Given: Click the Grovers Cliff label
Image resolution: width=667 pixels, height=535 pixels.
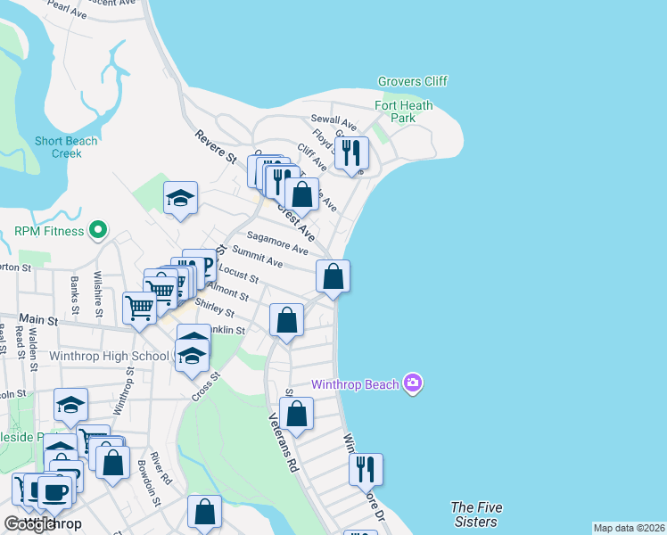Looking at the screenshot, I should coord(412,81).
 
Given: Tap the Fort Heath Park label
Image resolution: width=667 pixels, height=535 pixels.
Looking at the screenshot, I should coord(403,111).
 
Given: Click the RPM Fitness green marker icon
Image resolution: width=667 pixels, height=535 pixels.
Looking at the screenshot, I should coord(100,232).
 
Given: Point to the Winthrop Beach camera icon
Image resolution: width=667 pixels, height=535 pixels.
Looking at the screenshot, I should coord(412,383).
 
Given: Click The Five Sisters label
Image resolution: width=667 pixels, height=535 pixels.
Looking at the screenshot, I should coord(476,514).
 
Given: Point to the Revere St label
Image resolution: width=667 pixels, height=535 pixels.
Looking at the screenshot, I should coord(215,147).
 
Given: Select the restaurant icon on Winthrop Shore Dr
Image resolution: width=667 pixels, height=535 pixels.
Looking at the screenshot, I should coord(366,469).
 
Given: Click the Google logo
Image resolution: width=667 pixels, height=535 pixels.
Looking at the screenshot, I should coord(29,524).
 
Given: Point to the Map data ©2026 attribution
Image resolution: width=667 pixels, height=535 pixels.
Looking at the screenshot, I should coord(629,528).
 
